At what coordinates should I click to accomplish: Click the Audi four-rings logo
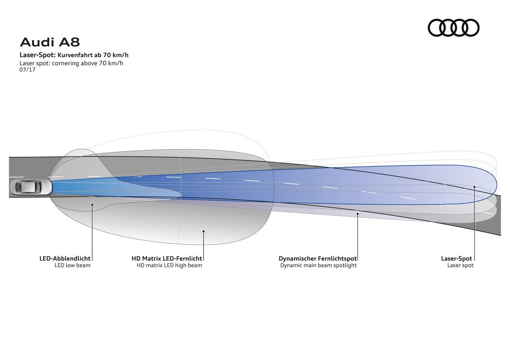point(453,28)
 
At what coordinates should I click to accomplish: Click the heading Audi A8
point(50,42)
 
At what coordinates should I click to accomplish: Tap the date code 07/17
point(27,70)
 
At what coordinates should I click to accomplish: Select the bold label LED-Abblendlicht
point(65,259)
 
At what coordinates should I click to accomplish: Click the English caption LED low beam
point(72,265)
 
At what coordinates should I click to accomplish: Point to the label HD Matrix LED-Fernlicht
point(167,259)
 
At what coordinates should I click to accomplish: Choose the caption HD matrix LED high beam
point(169,265)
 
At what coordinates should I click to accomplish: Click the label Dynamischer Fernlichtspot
point(318,259)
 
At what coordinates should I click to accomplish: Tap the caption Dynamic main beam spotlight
point(318,265)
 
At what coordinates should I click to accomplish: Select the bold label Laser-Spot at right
point(457,259)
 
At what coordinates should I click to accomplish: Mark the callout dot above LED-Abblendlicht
point(92,205)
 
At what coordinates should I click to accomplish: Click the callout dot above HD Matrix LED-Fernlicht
point(203,231)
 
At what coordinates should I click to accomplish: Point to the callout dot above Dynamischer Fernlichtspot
point(357,214)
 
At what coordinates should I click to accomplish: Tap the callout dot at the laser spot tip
point(475,187)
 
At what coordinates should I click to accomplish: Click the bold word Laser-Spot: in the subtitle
point(39,55)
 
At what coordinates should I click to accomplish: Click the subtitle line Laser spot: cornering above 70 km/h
point(72,63)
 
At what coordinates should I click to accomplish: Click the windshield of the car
point(37,187)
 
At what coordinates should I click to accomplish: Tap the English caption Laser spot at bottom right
point(460,265)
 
